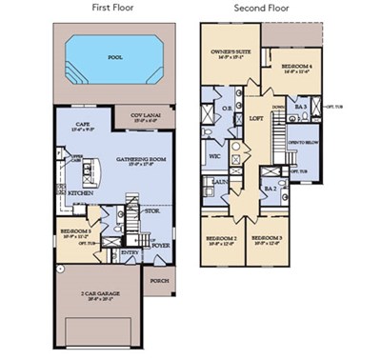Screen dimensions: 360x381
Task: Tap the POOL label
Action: point(114,56)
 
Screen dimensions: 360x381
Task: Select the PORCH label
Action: point(159,281)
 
